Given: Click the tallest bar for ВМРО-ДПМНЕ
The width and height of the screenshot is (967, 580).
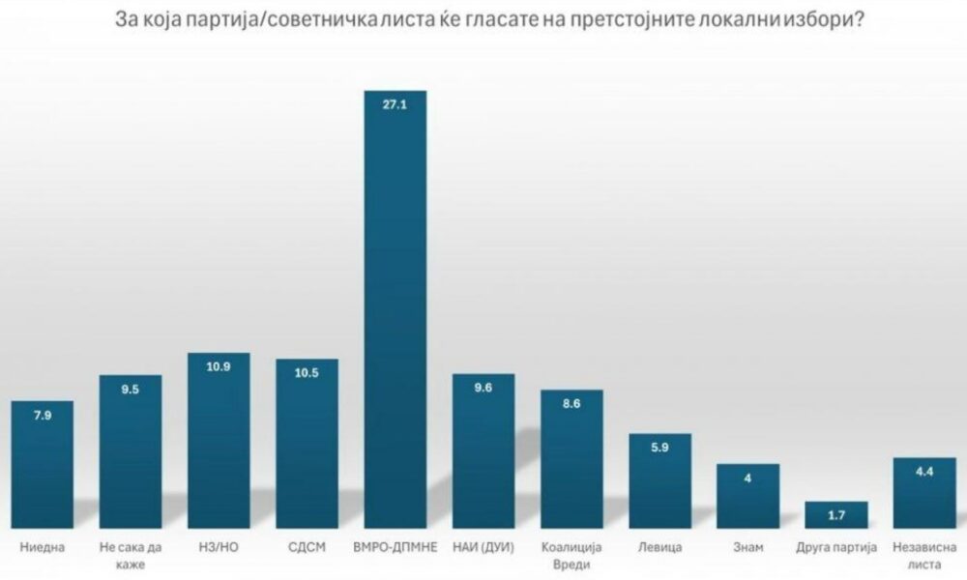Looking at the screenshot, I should coord(395,309).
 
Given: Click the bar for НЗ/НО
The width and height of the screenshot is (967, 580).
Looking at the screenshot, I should coord(218,440).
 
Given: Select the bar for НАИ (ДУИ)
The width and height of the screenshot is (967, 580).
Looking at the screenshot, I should coord(483,450).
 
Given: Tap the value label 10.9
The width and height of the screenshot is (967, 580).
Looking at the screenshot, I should coord(218,367).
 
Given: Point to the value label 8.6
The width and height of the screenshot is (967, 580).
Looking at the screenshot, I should coord(571,403).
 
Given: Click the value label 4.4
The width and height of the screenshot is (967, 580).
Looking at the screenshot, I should coord(923,471).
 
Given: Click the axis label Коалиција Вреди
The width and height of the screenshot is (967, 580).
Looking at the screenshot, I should coord(571,555).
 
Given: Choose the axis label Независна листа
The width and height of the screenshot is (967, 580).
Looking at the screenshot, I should coord(923,555).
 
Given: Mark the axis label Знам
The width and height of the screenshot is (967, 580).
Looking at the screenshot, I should coord(747,548).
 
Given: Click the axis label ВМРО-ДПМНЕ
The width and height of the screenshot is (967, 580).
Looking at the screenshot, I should coord(395,548).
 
